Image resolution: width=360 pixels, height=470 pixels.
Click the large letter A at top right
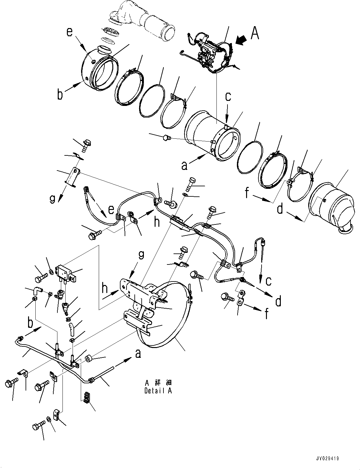pos(255,33)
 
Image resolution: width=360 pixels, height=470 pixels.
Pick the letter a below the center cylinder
pos(184,165)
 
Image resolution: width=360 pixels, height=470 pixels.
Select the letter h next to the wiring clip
pos(157,222)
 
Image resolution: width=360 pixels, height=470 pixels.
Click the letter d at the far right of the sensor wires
pos(278,302)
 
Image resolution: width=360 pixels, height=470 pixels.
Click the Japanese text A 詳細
pos(158,383)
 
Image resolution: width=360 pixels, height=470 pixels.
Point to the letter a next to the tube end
pos(138,354)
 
